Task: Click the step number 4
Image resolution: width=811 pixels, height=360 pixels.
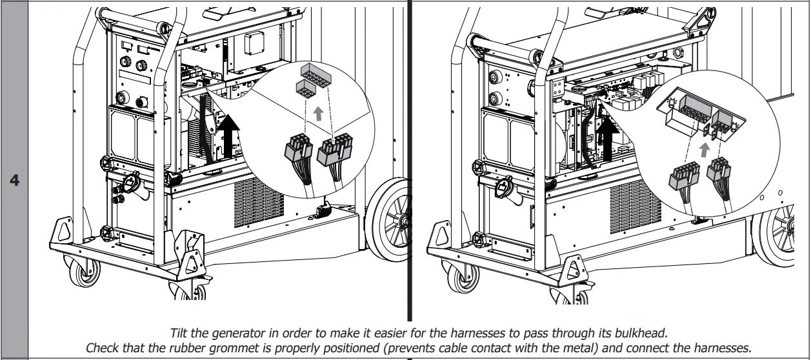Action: click(x=14, y=180)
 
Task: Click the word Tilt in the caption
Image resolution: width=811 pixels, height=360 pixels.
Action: click(x=181, y=334)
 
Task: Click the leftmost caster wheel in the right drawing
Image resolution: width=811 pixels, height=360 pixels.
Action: click(x=466, y=276)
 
